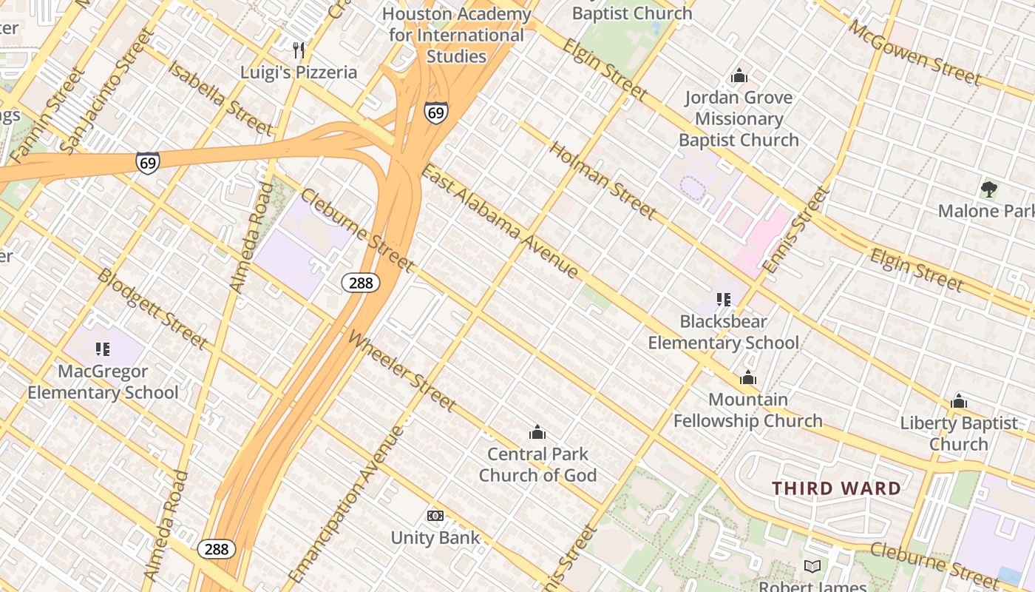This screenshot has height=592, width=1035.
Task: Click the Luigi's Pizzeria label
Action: (299, 73)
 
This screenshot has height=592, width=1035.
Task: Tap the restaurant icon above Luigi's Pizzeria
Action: (299, 50)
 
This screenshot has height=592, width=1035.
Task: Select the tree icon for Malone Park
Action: (988, 189)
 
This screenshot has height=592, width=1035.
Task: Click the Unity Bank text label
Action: (435, 538)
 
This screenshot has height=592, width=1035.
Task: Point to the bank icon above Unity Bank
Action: (435, 515)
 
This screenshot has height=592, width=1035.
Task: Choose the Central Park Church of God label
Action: (537, 465)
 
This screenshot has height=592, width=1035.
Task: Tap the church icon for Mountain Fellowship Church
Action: (748, 378)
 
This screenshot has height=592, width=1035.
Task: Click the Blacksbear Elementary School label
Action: (724, 332)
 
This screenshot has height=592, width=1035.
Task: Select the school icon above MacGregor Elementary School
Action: (103, 349)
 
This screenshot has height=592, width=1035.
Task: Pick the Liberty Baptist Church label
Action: (959, 434)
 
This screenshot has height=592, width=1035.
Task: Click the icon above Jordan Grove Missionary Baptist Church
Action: (739, 75)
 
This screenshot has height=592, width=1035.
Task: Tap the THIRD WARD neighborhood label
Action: (837, 488)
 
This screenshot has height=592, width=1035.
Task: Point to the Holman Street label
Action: (602, 180)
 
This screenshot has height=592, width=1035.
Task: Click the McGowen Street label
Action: (914, 53)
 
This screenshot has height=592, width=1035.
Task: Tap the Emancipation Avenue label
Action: (347, 504)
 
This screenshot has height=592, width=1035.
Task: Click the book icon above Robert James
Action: (812, 567)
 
